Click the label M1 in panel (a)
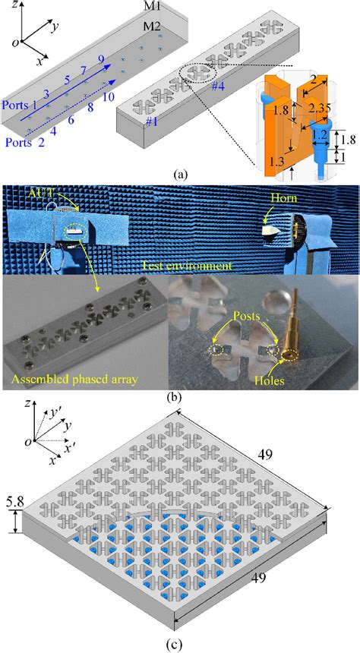click(x=154, y=8)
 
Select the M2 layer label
click(x=154, y=27)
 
